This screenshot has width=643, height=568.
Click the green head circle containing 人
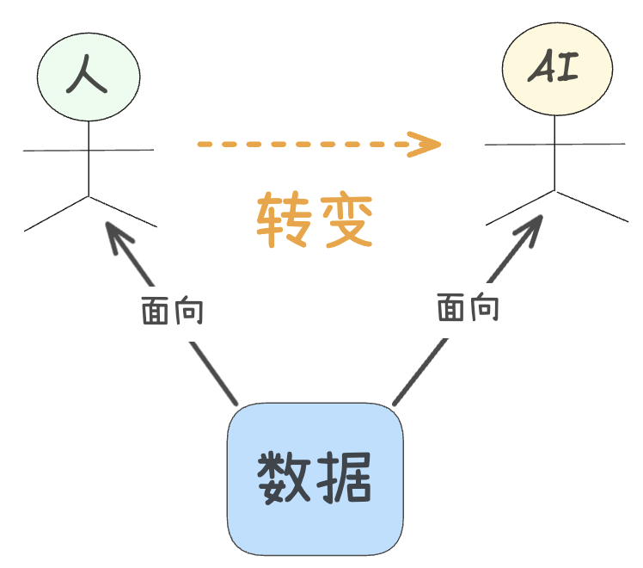[x=89, y=76]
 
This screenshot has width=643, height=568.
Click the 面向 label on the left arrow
[x=172, y=311]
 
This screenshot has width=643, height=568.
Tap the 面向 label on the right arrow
[x=468, y=307]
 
